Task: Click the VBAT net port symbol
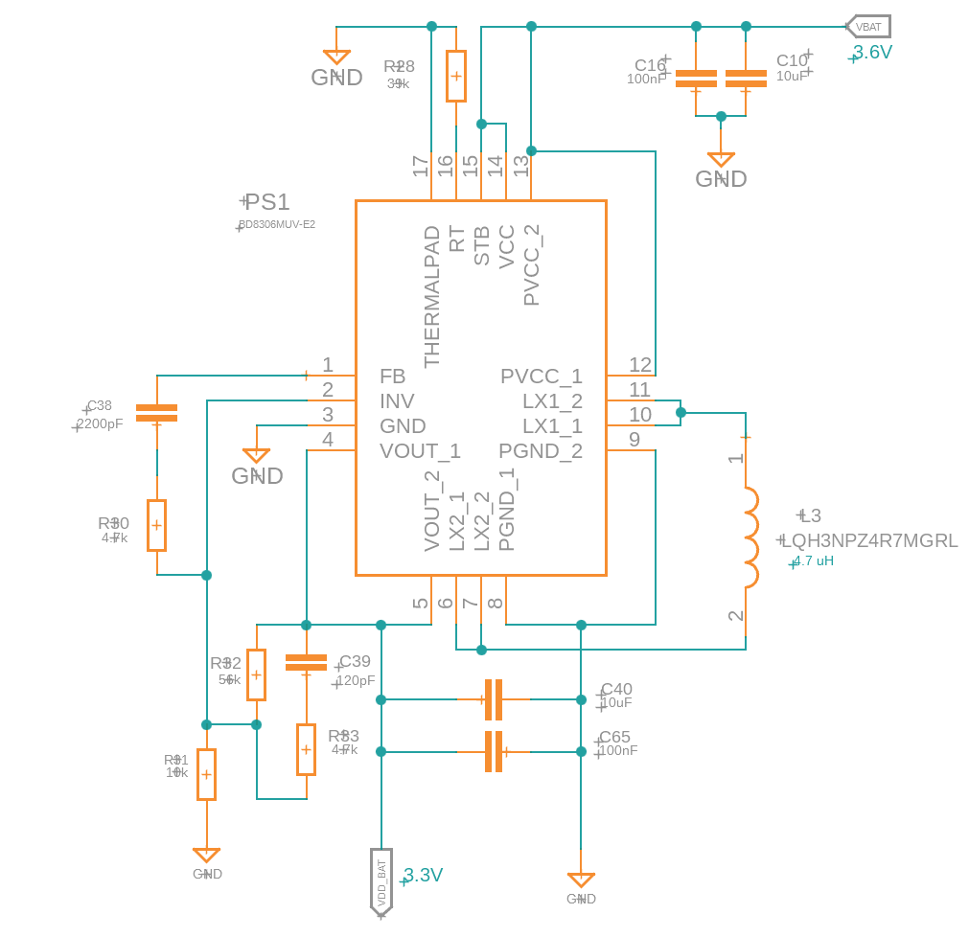click(868, 27)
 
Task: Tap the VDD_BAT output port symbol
click(381, 880)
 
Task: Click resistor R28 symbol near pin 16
click(456, 76)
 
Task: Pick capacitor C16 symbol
click(696, 79)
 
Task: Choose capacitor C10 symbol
click(746, 79)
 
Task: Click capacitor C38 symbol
click(156, 413)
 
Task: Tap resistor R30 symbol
click(156, 525)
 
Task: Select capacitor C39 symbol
click(306, 662)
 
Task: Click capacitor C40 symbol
click(493, 699)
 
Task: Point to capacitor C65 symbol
click(493, 751)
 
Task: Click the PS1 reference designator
click(267, 202)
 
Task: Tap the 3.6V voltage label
click(872, 53)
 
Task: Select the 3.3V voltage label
click(423, 875)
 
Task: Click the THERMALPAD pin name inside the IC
click(432, 296)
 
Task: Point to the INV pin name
click(397, 401)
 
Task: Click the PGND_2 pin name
click(540, 451)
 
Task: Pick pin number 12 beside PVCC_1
click(640, 365)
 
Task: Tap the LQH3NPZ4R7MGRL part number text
click(869, 540)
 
